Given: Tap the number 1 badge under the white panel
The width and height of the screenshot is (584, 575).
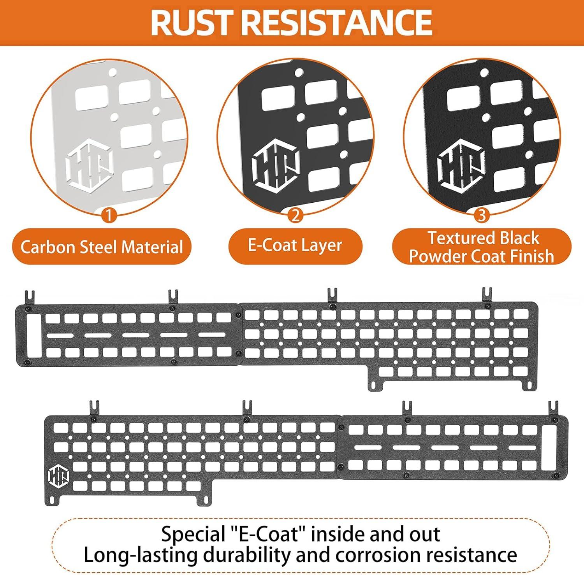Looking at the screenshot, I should [109, 215].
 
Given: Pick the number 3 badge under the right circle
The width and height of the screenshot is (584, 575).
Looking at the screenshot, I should [482, 215].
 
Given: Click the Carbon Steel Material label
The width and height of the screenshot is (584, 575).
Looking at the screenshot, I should [102, 247].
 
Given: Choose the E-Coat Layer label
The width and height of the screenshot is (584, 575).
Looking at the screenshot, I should [295, 245].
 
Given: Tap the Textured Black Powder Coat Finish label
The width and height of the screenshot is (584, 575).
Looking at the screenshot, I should [482, 247].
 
